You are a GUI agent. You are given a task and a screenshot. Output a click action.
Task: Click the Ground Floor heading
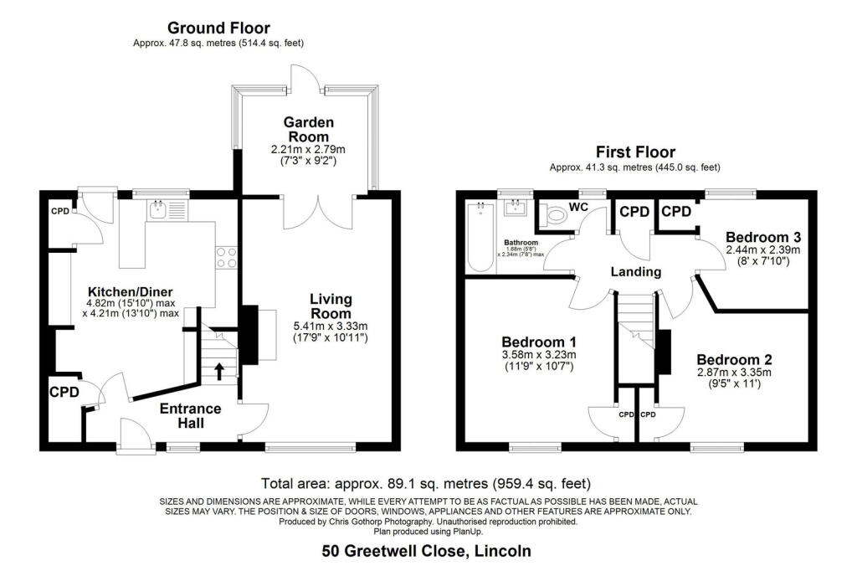point(218,28)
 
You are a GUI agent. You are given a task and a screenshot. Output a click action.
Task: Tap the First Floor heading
point(634,152)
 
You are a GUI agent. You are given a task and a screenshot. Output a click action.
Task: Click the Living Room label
point(331,306)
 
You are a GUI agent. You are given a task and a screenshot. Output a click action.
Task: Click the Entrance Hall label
point(191,416)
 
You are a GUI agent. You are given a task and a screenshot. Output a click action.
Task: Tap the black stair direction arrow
point(220,370)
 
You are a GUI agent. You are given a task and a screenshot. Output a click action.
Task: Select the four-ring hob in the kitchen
point(227,258)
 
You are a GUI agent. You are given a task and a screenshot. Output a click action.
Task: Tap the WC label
point(579,206)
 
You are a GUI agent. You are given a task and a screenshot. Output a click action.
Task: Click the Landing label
point(636,272)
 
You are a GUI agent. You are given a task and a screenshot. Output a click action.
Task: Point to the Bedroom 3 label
point(762,236)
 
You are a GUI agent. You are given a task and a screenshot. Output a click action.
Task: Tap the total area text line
point(426,484)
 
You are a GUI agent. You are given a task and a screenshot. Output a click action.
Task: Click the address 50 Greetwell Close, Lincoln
point(427,552)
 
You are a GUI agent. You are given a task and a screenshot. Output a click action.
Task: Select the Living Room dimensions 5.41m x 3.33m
point(331,326)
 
